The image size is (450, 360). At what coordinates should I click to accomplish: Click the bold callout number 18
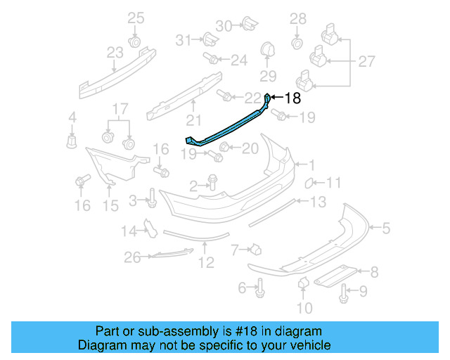click(292, 99)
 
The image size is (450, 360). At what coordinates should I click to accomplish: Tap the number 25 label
click(135, 18)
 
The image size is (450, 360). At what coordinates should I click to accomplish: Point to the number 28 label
click(298, 18)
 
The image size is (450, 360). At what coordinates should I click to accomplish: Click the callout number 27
click(366, 62)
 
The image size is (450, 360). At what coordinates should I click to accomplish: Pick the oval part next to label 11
click(308, 184)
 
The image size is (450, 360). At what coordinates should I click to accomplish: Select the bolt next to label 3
click(151, 200)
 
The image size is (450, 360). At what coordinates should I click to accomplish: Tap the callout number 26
click(132, 258)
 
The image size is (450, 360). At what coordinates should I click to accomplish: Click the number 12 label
click(205, 263)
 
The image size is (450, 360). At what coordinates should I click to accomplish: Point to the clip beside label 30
click(247, 25)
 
